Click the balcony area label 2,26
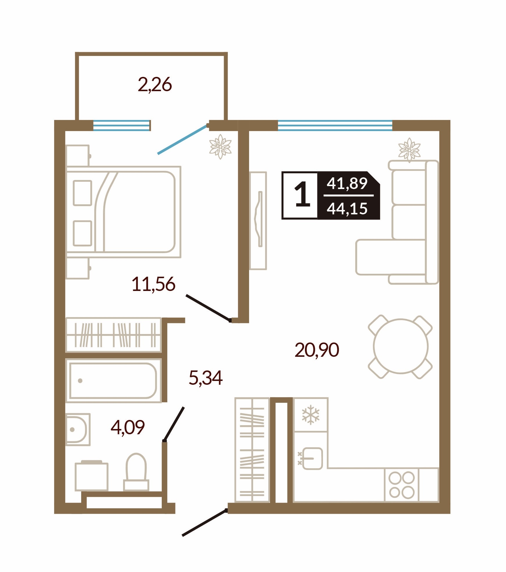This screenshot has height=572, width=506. point(155,85)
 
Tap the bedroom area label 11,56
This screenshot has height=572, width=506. point(153,284)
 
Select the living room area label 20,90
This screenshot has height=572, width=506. point(317,350)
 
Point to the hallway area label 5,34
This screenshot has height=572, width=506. point(206,378)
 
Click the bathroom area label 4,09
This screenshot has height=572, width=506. point(128,428)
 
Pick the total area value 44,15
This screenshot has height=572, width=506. point(347,209)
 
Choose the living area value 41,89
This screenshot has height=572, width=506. point(347,183)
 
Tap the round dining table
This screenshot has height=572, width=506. point(400,346)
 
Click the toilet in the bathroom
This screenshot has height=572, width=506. point(136,472)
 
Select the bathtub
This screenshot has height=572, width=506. point(113,381)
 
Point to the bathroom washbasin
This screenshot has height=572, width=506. point(77,430)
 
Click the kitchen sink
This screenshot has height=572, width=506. point(313,458)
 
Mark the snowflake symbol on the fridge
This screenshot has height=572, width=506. point(311,415)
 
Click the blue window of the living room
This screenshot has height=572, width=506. point(335,126)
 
